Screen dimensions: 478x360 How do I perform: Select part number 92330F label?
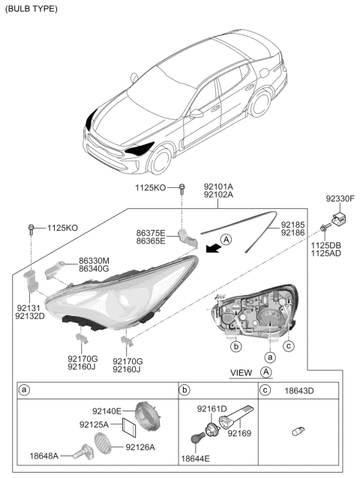point(339,199)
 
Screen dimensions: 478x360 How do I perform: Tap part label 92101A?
point(218,186)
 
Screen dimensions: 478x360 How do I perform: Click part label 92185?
point(294,224)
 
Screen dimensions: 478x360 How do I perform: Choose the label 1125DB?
point(325,246)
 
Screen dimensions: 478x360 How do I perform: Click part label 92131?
point(29,306)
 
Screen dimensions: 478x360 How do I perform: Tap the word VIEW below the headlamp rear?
point(241,372)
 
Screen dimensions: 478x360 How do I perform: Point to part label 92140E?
point(107,412)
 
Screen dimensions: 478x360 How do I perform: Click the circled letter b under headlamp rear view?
point(235,348)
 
